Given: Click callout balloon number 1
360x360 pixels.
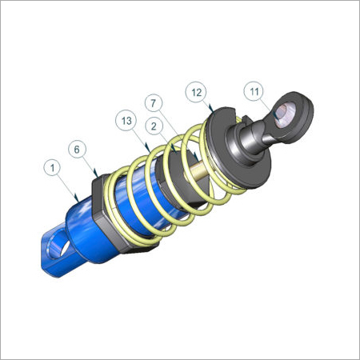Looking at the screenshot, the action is click(x=53, y=168).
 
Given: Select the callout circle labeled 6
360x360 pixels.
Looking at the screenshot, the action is click(x=77, y=150).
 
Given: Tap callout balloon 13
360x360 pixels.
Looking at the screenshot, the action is click(x=126, y=121).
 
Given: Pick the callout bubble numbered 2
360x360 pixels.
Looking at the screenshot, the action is click(x=154, y=126).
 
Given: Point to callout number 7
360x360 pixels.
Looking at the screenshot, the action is click(x=154, y=103).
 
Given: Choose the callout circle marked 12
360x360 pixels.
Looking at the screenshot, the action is click(x=196, y=92).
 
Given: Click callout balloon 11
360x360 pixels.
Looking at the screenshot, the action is click(x=254, y=91).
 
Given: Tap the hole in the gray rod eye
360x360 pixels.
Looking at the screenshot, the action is click(x=286, y=114).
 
